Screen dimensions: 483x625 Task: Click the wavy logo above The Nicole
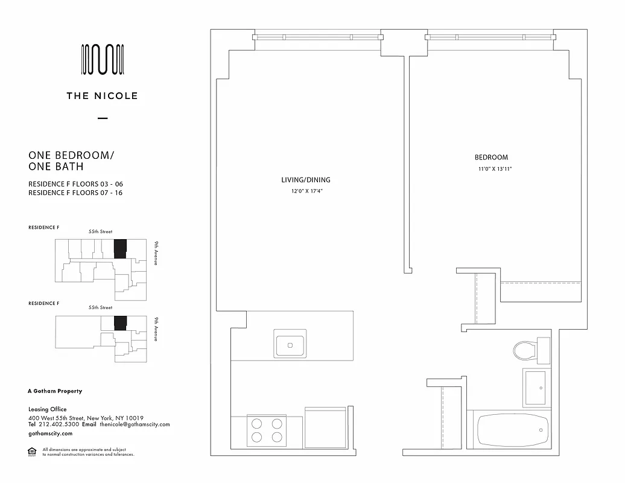click(103, 60)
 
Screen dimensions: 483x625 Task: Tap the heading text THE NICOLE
click(103, 95)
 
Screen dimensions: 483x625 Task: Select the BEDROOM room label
click(491, 158)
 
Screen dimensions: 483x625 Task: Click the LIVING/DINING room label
click(306, 180)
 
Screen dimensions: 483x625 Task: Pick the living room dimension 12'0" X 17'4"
click(306, 191)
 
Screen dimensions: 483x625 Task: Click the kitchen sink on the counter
click(290, 345)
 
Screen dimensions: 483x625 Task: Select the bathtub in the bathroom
click(513, 431)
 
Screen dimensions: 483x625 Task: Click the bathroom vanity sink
click(535, 388)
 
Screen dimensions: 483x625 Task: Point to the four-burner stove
click(266, 430)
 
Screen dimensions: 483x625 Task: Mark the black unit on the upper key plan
click(120, 249)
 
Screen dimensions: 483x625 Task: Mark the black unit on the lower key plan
click(120, 323)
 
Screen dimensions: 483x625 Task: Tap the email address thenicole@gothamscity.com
click(135, 424)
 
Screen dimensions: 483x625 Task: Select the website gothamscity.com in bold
click(51, 433)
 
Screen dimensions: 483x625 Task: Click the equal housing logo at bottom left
click(33, 452)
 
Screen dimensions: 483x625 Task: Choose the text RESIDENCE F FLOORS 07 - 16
click(76, 193)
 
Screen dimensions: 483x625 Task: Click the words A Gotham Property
click(56, 391)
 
